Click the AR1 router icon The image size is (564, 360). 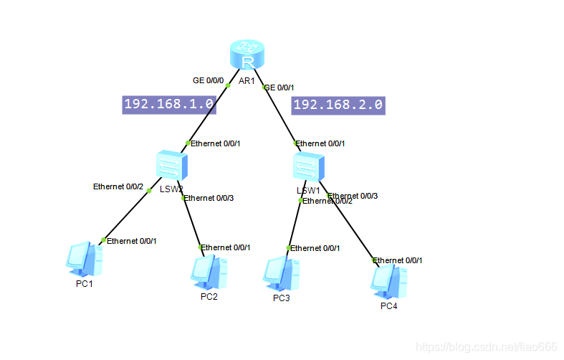247,55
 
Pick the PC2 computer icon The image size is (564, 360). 209,271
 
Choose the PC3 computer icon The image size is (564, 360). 281,273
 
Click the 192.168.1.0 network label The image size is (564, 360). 169,104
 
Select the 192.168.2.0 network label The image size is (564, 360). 338,105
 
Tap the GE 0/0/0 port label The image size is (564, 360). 208,80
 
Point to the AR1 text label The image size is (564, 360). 247,81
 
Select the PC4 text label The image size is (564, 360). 388,307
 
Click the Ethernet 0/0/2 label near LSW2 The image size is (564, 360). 118,186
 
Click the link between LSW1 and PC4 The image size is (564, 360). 351,229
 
